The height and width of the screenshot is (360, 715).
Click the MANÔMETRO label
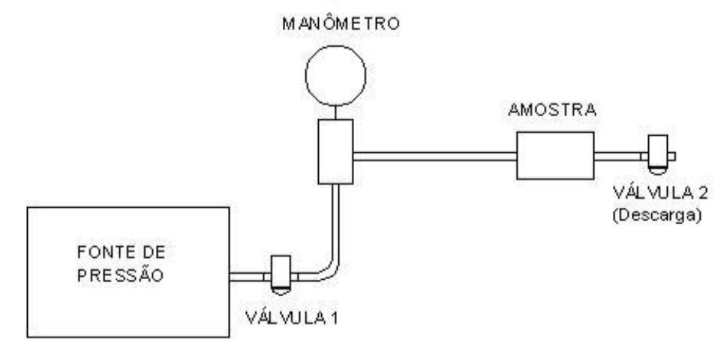[x=341, y=23]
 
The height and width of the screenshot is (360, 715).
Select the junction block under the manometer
[x=335, y=151]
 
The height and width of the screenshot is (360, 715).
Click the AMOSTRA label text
[x=552, y=109]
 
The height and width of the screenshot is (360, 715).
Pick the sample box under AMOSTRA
[x=555, y=155]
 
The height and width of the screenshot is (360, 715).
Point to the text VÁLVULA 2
[x=660, y=193]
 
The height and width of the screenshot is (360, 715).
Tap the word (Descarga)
[x=656, y=214]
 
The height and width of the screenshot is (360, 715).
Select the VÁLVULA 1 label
[x=292, y=317]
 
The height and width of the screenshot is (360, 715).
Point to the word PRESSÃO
[x=120, y=275]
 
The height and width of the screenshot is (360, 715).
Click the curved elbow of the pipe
[x=331, y=272]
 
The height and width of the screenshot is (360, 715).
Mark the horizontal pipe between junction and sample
[x=434, y=156]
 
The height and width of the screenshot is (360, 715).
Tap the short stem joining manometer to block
[x=335, y=113]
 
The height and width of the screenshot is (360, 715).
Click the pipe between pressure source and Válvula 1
[x=246, y=277]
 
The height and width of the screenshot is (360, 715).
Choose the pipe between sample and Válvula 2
[x=617, y=156]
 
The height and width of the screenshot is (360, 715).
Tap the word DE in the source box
[x=154, y=252]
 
